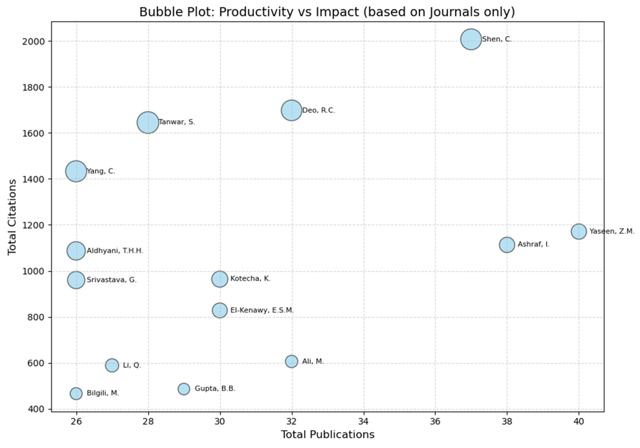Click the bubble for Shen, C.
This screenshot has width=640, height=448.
point(471,39)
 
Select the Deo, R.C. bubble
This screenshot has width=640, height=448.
point(291,110)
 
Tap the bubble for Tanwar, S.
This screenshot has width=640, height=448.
point(148,122)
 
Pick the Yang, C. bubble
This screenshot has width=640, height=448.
point(76,171)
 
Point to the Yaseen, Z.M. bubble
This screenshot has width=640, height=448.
point(579,231)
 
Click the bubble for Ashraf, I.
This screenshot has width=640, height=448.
point(507,245)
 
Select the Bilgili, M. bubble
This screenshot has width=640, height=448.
point(76,394)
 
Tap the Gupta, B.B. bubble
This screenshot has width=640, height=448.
point(184,389)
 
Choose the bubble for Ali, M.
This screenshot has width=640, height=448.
point(291,361)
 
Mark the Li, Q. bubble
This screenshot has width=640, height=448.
point(112,365)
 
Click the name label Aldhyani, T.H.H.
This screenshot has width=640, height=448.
point(115,251)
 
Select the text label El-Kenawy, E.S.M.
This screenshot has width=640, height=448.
point(262,310)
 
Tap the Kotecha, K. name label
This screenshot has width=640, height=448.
point(250,279)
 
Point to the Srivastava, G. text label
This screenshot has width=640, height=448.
point(112,280)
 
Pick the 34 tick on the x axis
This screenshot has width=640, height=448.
point(363,421)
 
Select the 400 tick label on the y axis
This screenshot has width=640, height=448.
point(37,409)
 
